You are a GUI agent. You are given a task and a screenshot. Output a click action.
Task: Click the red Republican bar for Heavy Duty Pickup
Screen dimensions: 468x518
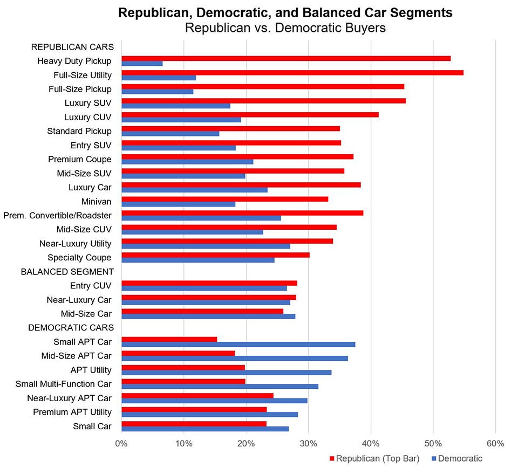(286, 58)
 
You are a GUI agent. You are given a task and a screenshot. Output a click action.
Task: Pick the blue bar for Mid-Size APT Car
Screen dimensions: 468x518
(235, 358)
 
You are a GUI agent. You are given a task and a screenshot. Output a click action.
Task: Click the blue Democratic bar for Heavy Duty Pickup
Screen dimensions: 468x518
(142, 64)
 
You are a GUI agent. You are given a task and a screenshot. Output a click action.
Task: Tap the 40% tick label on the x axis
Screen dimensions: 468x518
(371, 444)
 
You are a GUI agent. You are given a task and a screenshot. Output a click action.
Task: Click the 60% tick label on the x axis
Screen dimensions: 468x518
(495, 444)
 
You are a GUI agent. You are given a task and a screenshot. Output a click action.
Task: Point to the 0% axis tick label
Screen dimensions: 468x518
(121, 444)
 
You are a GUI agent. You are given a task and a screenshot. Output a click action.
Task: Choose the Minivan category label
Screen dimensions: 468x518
(97, 201)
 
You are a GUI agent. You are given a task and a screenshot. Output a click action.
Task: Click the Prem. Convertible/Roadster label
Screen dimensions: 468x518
(57, 215)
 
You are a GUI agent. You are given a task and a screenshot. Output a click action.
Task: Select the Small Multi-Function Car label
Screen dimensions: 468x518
(64, 384)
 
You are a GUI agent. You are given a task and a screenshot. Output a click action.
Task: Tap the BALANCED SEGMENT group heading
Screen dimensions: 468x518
(67, 271)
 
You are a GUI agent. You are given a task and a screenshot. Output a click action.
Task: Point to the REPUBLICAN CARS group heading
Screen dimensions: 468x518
(72, 47)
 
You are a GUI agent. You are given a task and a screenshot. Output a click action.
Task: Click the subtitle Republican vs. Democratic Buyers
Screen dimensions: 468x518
(285, 28)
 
